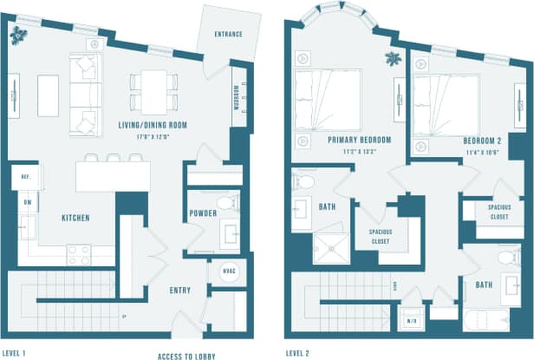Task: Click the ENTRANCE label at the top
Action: pyautogui.click(x=227, y=35)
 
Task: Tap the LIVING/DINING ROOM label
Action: pyautogui.click(x=153, y=125)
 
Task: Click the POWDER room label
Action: pyautogui.click(x=202, y=213)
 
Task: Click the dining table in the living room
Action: pyautogui.click(x=153, y=89)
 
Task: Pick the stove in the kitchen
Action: pyautogui.click(x=79, y=254)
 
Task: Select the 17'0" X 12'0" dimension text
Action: pyautogui.click(x=153, y=135)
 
